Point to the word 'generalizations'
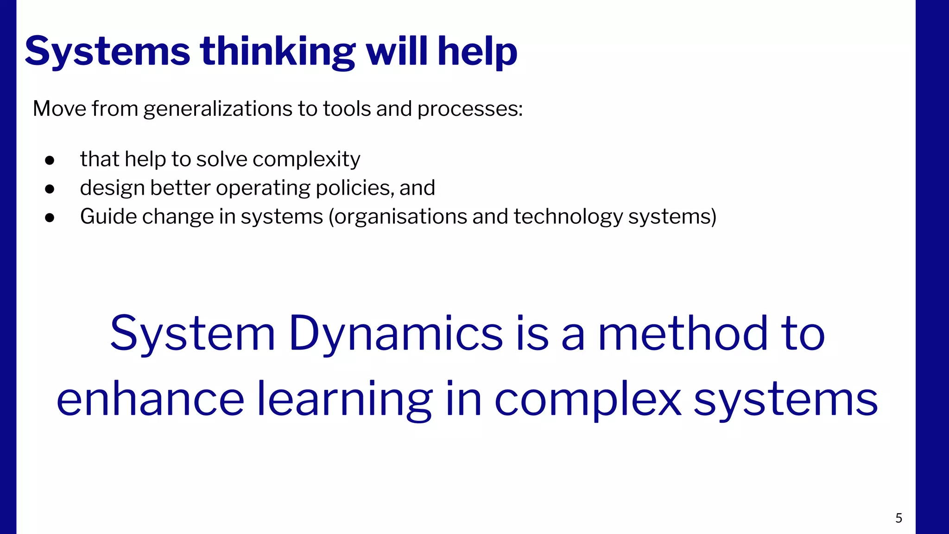[x=218, y=109]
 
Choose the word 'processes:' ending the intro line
[x=470, y=109]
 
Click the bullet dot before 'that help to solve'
[x=50, y=160]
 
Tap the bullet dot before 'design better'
[x=50, y=189]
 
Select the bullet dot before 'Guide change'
[x=50, y=218]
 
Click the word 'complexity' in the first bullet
[x=306, y=159]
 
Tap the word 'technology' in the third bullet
[x=568, y=217]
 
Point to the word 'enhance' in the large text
[x=150, y=399]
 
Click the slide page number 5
[x=898, y=518]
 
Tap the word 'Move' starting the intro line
[x=59, y=109]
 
